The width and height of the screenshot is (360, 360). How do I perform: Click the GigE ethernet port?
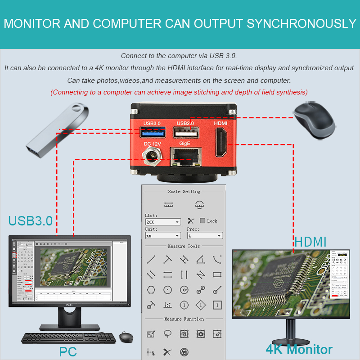[x=185, y=158]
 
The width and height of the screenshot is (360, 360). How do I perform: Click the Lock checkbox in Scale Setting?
[x=202, y=221]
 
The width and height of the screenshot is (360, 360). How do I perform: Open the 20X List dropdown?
[x=163, y=222]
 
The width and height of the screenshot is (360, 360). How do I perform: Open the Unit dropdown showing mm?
[x=163, y=235]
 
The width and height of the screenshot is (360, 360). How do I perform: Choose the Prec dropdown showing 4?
[x=205, y=235]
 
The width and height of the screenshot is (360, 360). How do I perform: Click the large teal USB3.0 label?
[x=31, y=221]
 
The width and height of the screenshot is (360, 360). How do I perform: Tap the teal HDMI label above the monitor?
[x=310, y=242]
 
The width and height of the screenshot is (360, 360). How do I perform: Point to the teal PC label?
[x=68, y=351]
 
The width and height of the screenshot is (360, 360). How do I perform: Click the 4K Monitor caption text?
[x=299, y=349]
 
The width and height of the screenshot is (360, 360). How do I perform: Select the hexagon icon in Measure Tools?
[x=151, y=290]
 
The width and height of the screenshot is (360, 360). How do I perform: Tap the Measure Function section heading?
[x=184, y=319]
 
